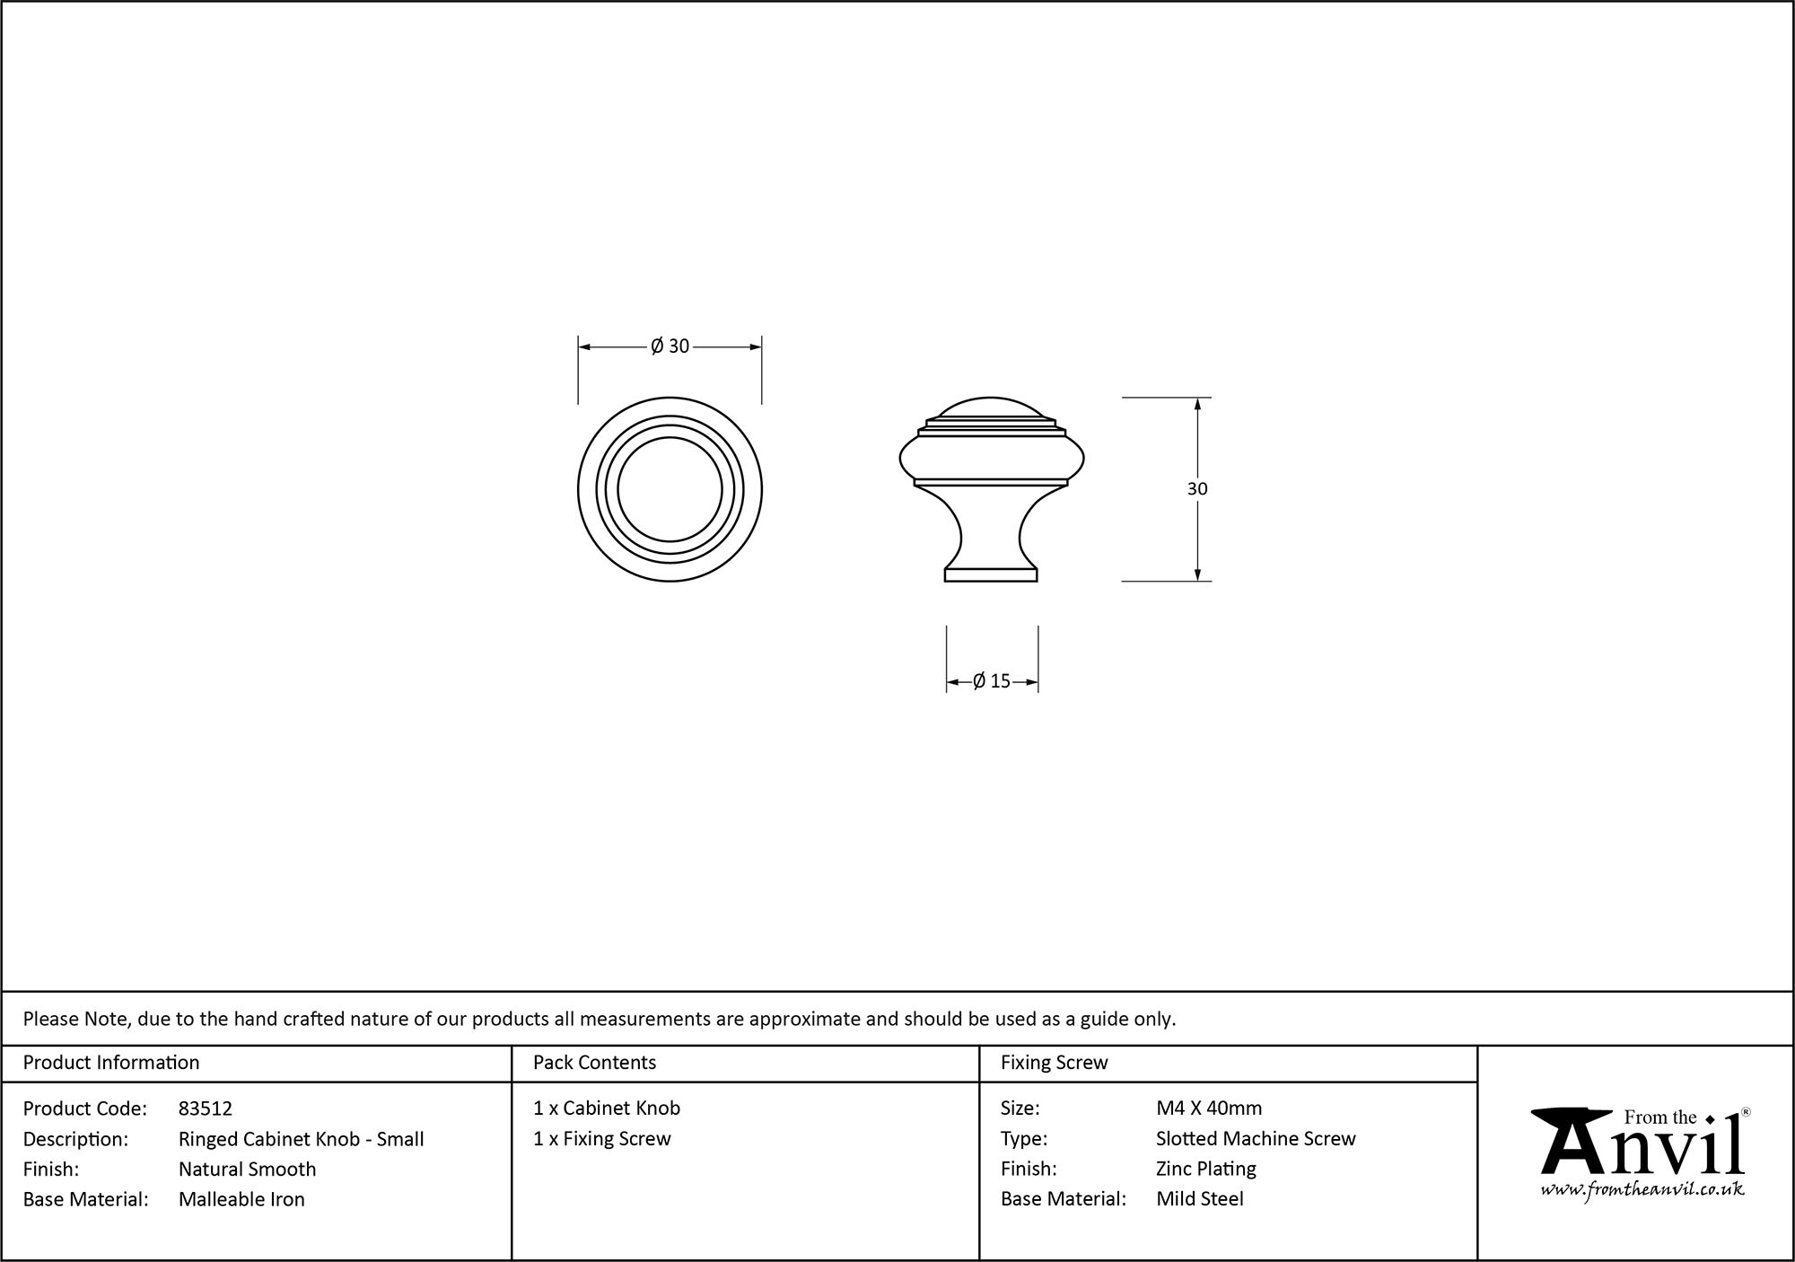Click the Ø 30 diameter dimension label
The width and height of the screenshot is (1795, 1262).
coord(670,346)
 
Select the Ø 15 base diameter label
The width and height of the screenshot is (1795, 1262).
coord(992,681)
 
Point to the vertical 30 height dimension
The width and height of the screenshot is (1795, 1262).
coord(1197,489)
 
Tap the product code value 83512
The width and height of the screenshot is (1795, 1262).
coord(206,1109)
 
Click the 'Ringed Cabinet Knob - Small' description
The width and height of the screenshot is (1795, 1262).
coord(302,1139)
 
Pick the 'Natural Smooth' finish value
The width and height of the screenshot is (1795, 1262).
coord(248,1170)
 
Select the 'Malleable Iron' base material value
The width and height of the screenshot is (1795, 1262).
coord(241,1199)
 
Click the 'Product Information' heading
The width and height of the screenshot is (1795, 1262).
coord(111,1063)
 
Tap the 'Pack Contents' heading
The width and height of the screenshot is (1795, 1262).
coord(594,1063)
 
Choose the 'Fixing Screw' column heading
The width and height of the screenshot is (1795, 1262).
coord(1054,1063)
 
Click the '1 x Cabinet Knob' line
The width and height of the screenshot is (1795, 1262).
coord(607,1109)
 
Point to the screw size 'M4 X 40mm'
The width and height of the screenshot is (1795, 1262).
coord(1209,1109)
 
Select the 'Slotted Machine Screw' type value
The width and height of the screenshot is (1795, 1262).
coord(1256,1139)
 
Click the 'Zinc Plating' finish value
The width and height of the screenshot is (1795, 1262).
coord(1205,1170)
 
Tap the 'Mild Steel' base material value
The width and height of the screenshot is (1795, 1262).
coord(1200,1199)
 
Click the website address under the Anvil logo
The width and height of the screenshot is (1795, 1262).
coord(1642,1190)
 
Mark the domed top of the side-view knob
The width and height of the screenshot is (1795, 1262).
coord(991,408)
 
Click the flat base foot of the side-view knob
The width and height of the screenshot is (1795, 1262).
coord(991,574)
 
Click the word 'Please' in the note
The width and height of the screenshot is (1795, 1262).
coord(50,1019)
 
